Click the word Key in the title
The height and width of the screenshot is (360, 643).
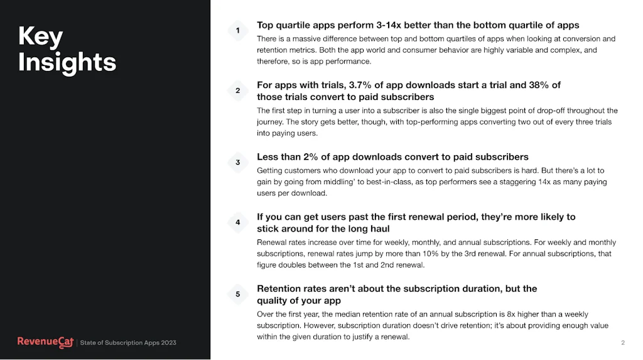click(x=41, y=37)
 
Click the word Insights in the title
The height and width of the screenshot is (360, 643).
click(x=67, y=62)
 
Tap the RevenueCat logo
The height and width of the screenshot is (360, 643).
click(x=45, y=342)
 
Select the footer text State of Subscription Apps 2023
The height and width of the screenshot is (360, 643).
click(x=128, y=343)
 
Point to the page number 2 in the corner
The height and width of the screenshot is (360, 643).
click(x=622, y=342)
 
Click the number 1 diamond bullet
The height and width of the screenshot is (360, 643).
click(x=237, y=30)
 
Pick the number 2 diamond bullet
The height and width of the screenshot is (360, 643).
click(x=237, y=90)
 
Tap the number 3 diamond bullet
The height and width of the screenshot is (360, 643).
click(x=237, y=162)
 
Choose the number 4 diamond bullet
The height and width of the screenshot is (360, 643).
click(x=237, y=222)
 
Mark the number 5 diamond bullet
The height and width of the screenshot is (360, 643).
click(x=237, y=294)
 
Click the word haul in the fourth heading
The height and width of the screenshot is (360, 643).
click(x=378, y=229)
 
